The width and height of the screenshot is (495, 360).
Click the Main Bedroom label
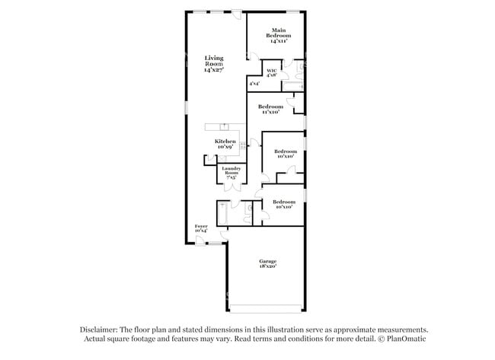coord(278,33)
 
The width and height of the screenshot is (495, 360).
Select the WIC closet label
coord(271,72)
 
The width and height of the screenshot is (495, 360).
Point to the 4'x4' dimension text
coord(254,83)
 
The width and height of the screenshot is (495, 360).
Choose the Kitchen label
coord(224,142)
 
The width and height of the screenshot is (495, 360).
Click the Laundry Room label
coord(232,170)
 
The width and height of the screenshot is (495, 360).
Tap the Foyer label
coord(201,226)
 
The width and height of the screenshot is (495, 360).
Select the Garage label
coord(266,262)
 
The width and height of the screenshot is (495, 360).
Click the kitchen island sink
coord(225,127)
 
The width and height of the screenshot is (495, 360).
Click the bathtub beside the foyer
coord(222,213)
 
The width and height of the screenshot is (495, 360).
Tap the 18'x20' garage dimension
coord(266,266)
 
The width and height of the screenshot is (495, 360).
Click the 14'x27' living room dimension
coord(214,70)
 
